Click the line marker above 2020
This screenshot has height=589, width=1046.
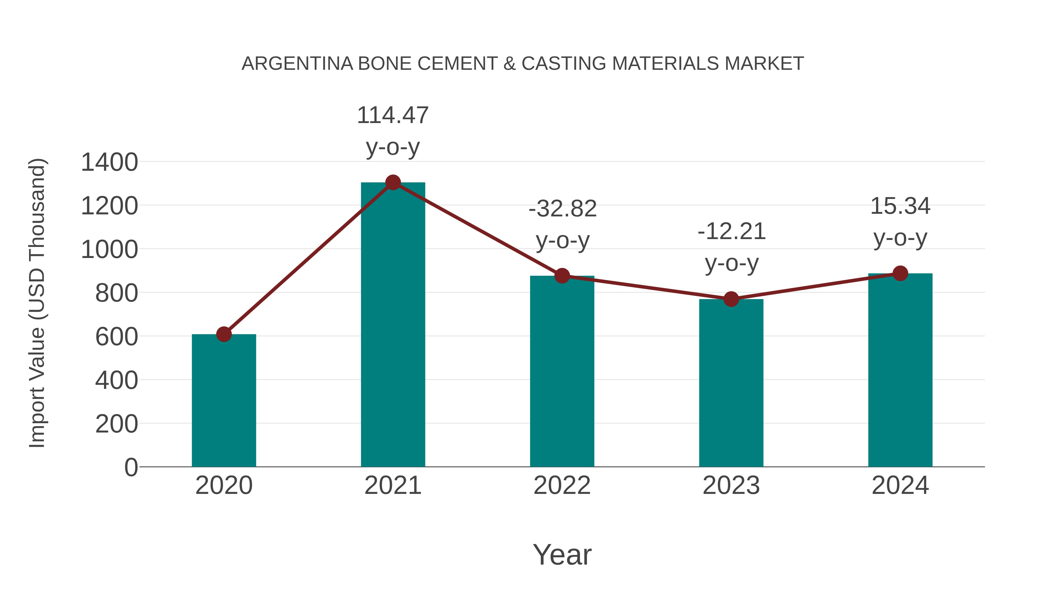click(224, 334)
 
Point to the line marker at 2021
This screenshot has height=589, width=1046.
click(393, 182)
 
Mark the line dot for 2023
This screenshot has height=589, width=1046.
click(731, 299)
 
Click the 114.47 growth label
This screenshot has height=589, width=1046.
click(393, 115)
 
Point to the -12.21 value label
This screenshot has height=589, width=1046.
click(731, 232)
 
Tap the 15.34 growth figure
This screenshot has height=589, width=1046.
click(900, 206)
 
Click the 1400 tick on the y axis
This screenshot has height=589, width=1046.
click(109, 162)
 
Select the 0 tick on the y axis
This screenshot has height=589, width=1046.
click(131, 467)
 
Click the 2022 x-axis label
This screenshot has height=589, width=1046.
click(562, 485)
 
